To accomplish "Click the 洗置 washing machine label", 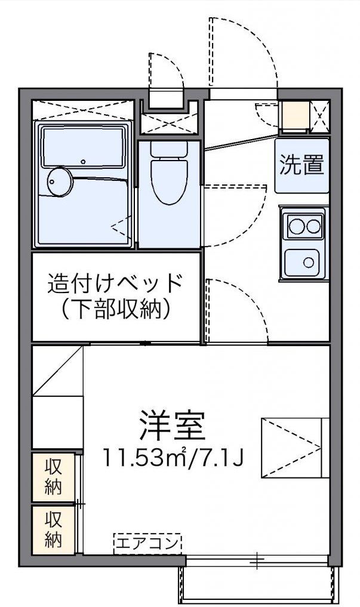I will [302, 165].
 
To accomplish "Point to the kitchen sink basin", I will [304, 261].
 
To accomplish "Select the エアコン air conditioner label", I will [147, 543].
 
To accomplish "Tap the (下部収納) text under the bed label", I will [115, 309].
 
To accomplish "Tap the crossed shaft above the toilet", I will [169, 124].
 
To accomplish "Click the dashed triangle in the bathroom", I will [121, 227].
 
